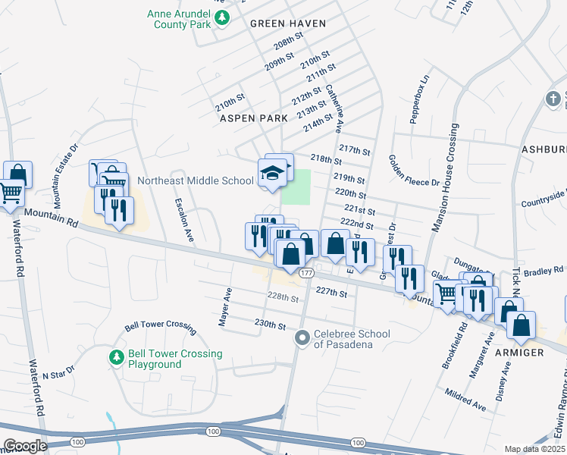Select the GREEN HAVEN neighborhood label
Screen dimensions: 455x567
pyautogui.click(x=288, y=24)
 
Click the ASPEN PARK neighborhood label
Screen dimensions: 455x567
pyautogui.click(x=253, y=118)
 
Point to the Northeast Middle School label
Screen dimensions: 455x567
pyautogui.click(x=196, y=180)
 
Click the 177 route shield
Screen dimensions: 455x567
pyautogui.click(x=306, y=272)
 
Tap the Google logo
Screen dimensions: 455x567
pyautogui.click(x=24, y=445)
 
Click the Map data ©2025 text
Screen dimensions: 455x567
pyautogui.click(x=535, y=449)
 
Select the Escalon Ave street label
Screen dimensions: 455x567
pyautogui.click(x=184, y=221)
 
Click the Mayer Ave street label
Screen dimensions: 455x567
pyautogui.click(x=225, y=307)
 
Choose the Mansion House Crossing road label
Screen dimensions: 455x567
pyautogui.click(x=445, y=177)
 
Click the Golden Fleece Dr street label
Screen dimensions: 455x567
pyautogui.click(x=413, y=171)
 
